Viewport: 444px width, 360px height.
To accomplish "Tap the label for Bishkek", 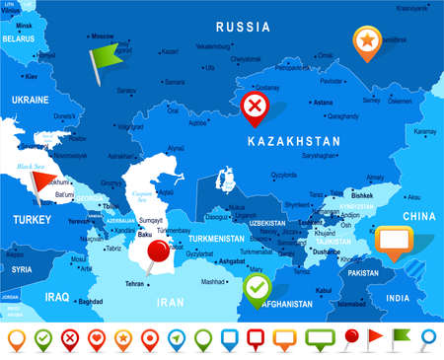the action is click(360, 194).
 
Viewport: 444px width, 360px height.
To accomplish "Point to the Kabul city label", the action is click(324, 289).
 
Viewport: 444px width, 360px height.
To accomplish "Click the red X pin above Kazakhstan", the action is click(257, 104).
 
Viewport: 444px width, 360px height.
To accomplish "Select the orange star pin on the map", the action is click(366, 40).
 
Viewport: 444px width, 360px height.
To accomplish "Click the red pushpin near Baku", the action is click(156, 254).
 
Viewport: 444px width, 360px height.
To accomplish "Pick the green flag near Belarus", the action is click(103, 52).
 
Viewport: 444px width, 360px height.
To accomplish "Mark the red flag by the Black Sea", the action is click(44, 180).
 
